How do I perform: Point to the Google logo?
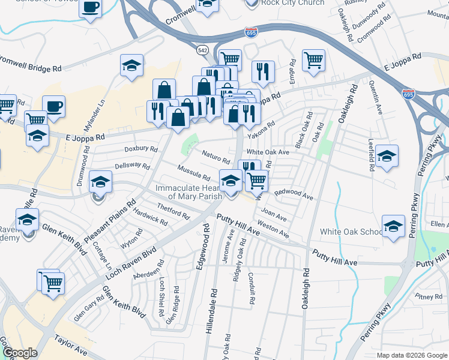point(20,353)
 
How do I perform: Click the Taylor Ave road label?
point(71,346)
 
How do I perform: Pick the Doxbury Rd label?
point(140,149)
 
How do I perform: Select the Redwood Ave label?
point(294,194)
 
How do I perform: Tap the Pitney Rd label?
point(428,296)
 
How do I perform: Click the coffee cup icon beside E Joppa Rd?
point(53,106)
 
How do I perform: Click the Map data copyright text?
point(412,355)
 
